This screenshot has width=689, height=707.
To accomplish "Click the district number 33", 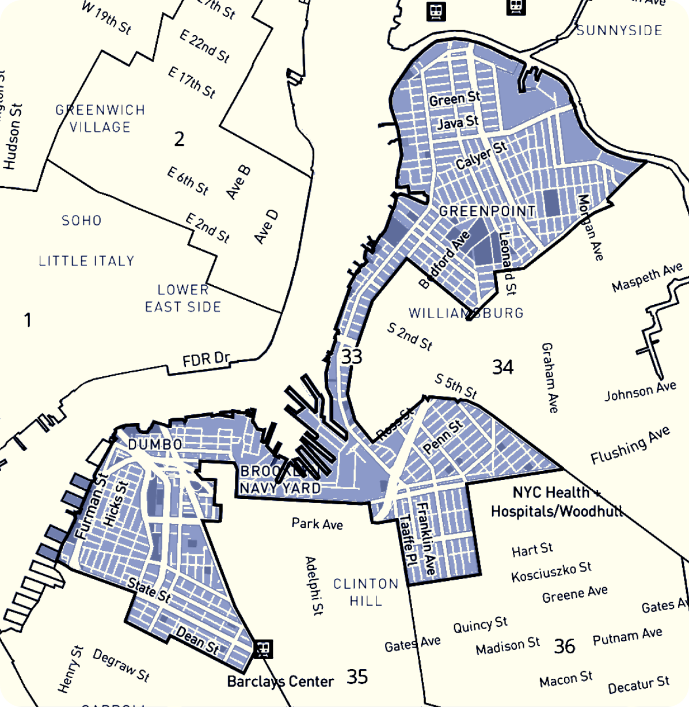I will tap(352, 357).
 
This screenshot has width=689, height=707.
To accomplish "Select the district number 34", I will tap(503, 367).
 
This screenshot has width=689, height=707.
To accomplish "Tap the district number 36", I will tap(564, 646).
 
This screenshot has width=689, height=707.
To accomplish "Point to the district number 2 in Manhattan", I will tap(180, 139).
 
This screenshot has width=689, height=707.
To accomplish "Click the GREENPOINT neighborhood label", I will tap(487, 211).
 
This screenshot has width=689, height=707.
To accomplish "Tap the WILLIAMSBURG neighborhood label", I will tap(466, 313).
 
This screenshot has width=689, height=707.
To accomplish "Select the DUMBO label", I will tap(155, 444).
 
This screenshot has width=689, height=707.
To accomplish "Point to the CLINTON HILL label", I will tap(366, 592).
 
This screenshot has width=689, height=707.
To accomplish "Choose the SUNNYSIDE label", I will tap(619, 31).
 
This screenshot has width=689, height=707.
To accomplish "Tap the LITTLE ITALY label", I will tap(86, 261).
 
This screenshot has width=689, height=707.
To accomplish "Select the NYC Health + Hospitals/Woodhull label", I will tap(556, 501).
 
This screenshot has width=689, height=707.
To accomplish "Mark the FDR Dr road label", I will tap(205, 360).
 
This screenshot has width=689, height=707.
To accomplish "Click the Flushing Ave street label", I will tap(630, 445).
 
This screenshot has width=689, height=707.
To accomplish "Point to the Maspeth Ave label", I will tap(646, 278).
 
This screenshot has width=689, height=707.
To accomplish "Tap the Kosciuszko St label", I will tap(551, 572).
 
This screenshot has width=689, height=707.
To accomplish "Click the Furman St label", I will tap(91, 506).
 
